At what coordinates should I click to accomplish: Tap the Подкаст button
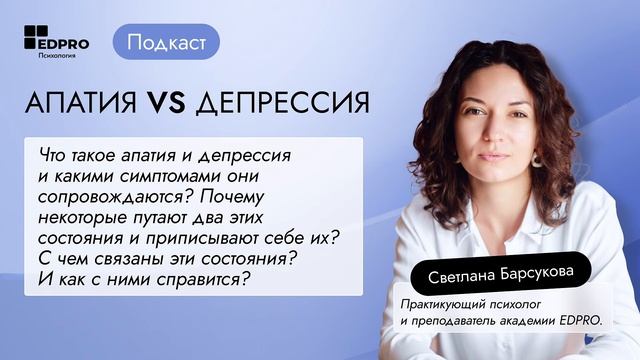[167, 42]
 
